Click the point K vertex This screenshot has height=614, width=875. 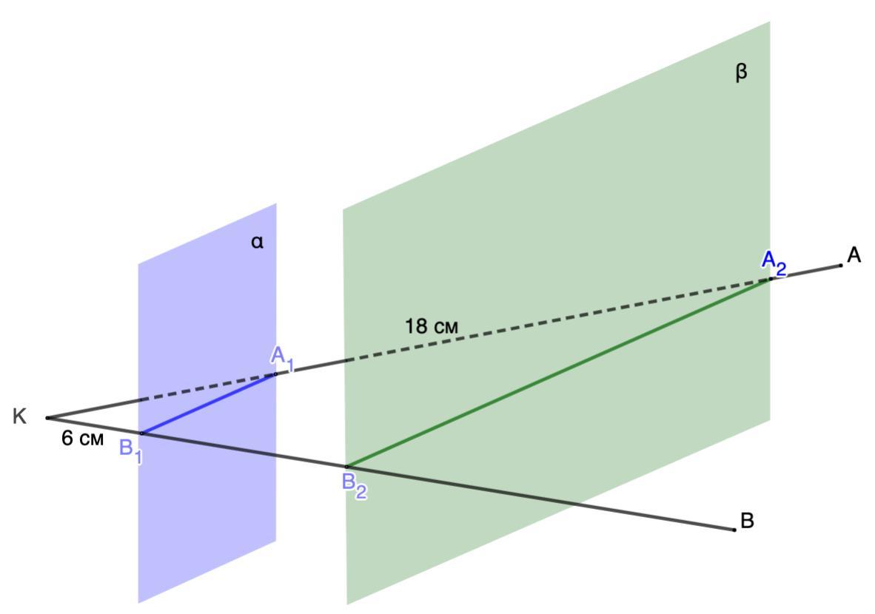[x=48, y=418]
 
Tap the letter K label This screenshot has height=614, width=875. [x=20, y=417]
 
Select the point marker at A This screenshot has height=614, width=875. [x=840, y=266]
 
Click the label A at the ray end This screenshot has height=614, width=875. [x=854, y=255]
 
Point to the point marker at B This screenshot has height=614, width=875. [x=734, y=530]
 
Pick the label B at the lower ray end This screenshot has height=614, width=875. [x=747, y=521]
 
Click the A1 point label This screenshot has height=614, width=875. [x=282, y=357]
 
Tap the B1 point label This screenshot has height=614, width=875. [x=130, y=451]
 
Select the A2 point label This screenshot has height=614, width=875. [x=774, y=261]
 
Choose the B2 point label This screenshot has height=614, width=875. [x=354, y=485]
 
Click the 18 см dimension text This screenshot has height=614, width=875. [x=432, y=325]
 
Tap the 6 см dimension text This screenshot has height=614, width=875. [x=82, y=439]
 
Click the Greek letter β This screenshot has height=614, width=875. [x=741, y=72]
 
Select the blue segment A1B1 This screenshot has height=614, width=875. [x=209, y=404]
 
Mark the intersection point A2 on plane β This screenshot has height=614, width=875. [x=770, y=279]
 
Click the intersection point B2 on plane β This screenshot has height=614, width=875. [x=346, y=467]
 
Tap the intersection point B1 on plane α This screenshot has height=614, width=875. [x=141, y=433]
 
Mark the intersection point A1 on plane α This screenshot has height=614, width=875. [x=275, y=374]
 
